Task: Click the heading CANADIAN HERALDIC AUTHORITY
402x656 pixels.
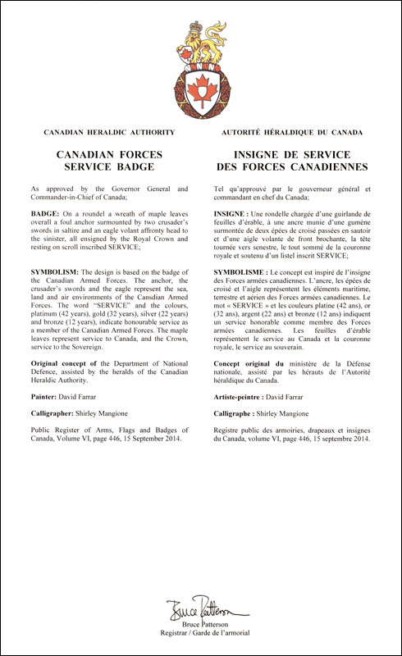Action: point(109,132)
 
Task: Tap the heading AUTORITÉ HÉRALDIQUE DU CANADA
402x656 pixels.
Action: point(293,132)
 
